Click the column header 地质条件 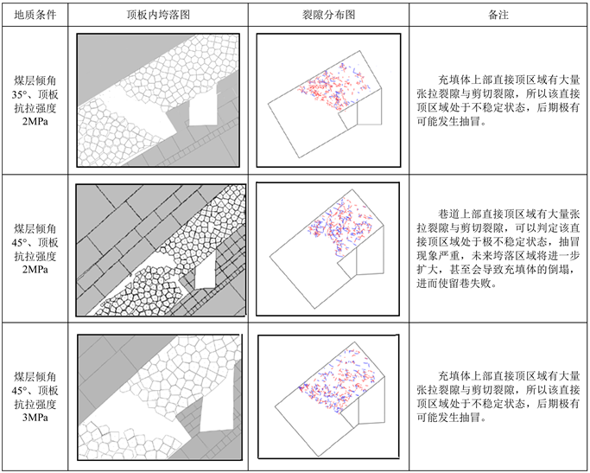(x=35, y=16)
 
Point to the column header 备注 (x=498, y=16)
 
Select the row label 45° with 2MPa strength (x=35, y=250)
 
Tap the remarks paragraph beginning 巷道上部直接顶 (x=498, y=250)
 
